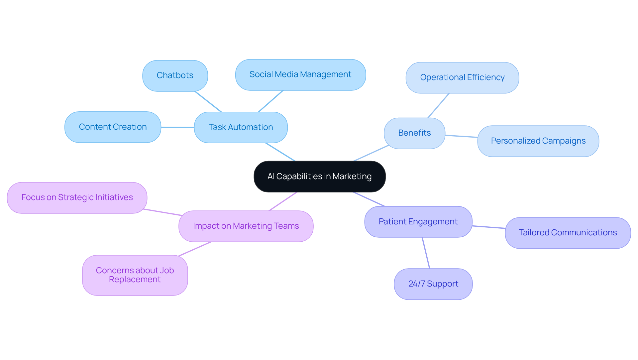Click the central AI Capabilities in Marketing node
coord(319,177)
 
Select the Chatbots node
coord(175,75)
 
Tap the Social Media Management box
coord(300,74)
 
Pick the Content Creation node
coord(113,127)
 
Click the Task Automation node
coord(241,127)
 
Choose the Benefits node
coord(414,133)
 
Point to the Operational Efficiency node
coord(462,77)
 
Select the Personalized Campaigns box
coord(538,141)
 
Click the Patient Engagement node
coord(418,222)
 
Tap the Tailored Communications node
coord(568,233)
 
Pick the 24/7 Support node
coord(433,284)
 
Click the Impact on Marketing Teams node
coord(246,226)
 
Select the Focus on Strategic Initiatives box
coord(77,197)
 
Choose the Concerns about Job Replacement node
coord(135,275)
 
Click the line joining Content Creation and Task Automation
coord(178,127)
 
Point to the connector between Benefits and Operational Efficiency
coord(439,105)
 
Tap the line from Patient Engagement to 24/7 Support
coord(426,253)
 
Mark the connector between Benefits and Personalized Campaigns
coord(461,136)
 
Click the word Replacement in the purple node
coord(135,280)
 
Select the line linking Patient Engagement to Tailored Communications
coord(488,227)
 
